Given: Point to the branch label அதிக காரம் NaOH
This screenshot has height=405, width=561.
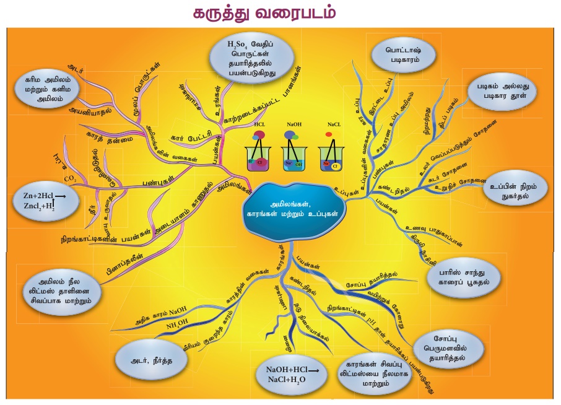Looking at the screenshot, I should pyautogui.click(x=161, y=315).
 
